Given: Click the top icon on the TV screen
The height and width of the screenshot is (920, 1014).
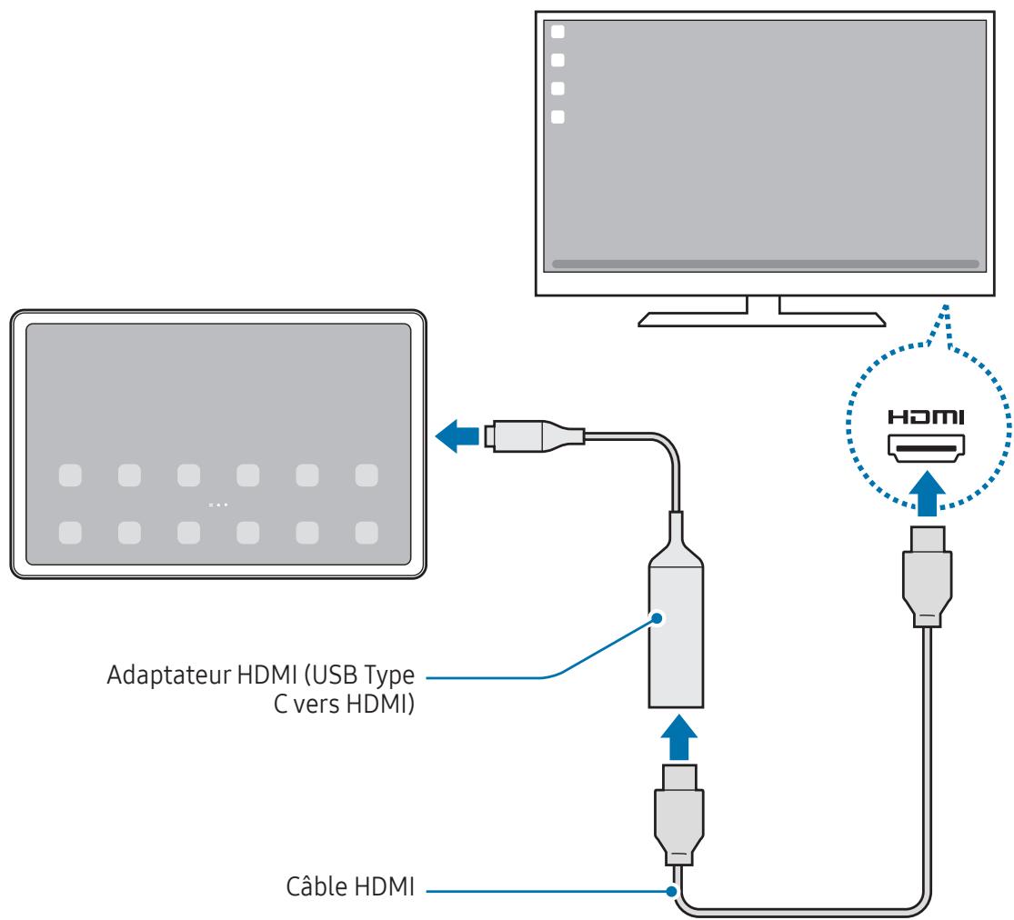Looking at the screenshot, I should (558, 32).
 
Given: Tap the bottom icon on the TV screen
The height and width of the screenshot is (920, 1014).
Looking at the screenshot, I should (558, 116).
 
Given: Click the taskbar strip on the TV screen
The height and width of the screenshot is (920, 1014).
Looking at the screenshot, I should (765, 264).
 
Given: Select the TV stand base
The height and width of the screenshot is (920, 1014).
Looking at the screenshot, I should (762, 318).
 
